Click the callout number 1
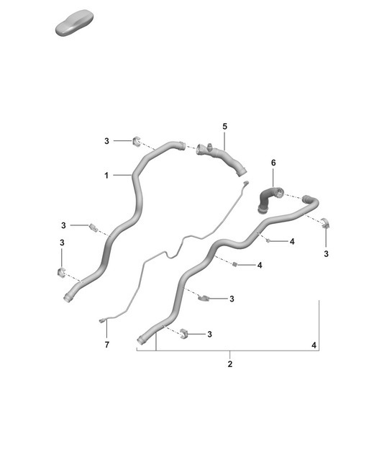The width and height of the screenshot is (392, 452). (x=106, y=175)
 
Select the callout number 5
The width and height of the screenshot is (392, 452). (x=224, y=127)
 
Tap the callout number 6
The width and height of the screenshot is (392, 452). (x=273, y=163)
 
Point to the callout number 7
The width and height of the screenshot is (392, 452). (x=106, y=345)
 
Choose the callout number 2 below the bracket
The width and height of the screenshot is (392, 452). (x=230, y=364)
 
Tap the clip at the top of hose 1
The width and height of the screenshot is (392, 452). (x=137, y=140)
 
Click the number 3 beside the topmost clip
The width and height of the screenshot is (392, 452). (x=106, y=141)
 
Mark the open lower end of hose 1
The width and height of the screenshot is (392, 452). (x=68, y=297)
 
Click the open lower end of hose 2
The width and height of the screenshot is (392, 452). (x=140, y=340)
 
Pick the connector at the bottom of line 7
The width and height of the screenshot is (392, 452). (x=102, y=320)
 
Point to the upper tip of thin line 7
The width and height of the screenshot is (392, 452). (x=245, y=185)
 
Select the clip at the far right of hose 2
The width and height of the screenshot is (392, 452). (x=325, y=222)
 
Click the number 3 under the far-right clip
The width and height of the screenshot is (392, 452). (x=326, y=254)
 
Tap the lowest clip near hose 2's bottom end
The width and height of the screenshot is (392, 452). (x=183, y=333)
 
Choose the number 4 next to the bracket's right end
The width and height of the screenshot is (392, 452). (x=314, y=346)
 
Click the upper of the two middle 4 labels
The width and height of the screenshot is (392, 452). (x=291, y=242)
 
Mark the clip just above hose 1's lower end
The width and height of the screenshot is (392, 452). (x=61, y=272)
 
